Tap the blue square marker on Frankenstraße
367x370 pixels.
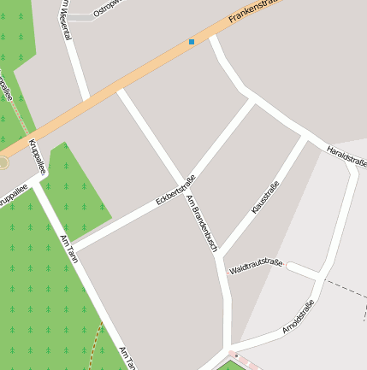pyautogui.click(x=192, y=41)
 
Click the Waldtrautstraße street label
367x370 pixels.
pyautogui.click(x=256, y=266)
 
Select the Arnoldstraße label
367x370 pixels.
pyautogui.click(x=299, y=316)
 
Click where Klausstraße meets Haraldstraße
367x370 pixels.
pyautogui.click(x=305, y=137)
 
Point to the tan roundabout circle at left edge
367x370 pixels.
pyautogui.click(x=3, y=162)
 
